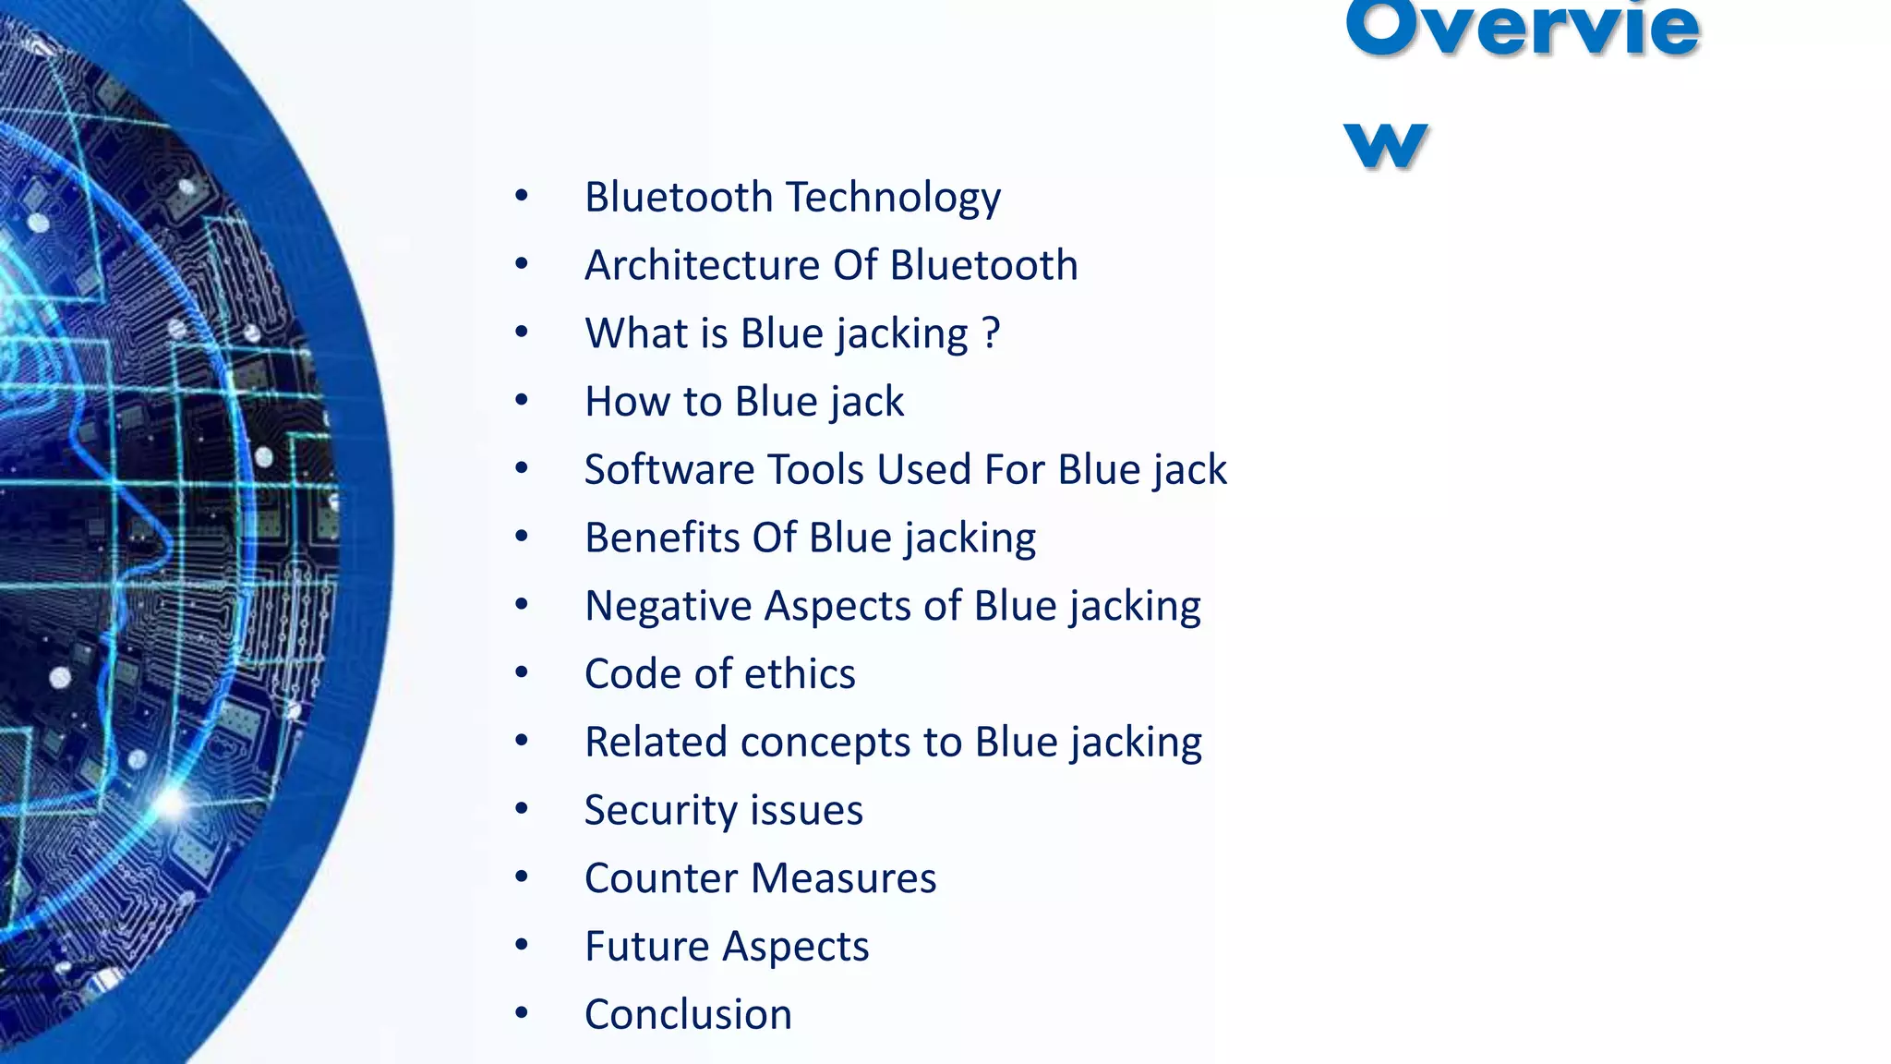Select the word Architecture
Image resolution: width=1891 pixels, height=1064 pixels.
pos(702,266)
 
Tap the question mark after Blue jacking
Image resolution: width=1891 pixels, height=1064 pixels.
pos(991,332)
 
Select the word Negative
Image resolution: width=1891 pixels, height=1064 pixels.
pos(668,606)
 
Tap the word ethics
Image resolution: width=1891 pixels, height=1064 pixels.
pos(800,674)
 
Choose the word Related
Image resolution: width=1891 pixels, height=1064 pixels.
pos(656,743)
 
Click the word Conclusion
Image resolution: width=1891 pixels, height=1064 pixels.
pos(688,1015)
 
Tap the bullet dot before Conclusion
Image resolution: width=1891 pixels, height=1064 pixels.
pos(522,1013)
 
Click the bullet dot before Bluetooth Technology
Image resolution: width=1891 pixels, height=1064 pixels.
pos(522,196)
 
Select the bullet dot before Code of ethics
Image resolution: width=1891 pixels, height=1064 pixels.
pos(522,672)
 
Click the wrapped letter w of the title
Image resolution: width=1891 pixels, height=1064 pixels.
pos(1386,146)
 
